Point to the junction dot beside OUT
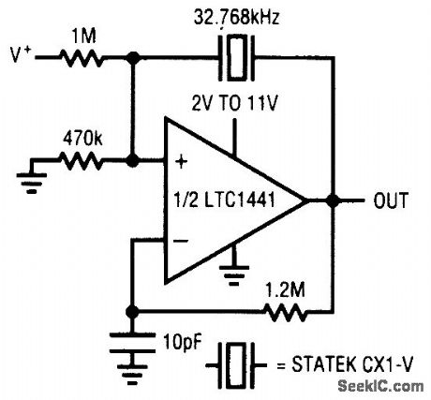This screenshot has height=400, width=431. click(333, 200)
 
